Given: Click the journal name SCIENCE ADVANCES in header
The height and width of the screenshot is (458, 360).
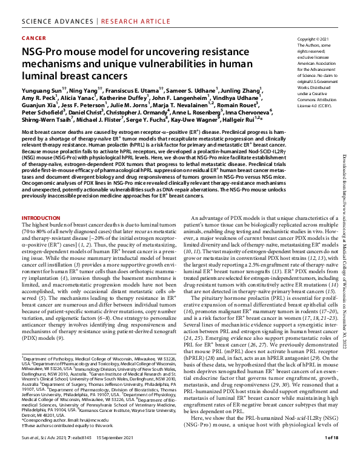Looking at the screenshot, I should click(x=53, y=21).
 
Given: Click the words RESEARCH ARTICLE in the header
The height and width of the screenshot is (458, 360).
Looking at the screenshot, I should click(x=119, y=21).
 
